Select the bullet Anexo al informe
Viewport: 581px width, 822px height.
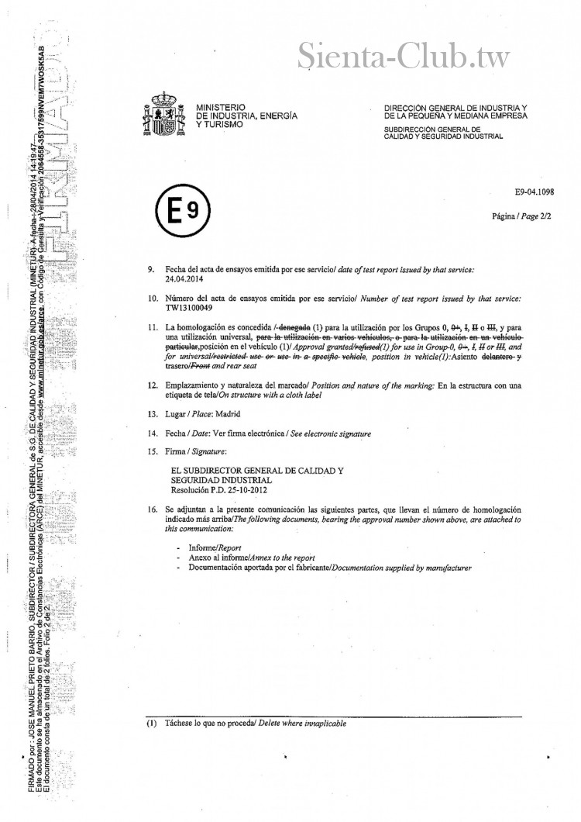(x=233, y=580)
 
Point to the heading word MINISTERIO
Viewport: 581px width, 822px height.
(x=221, y=106)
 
